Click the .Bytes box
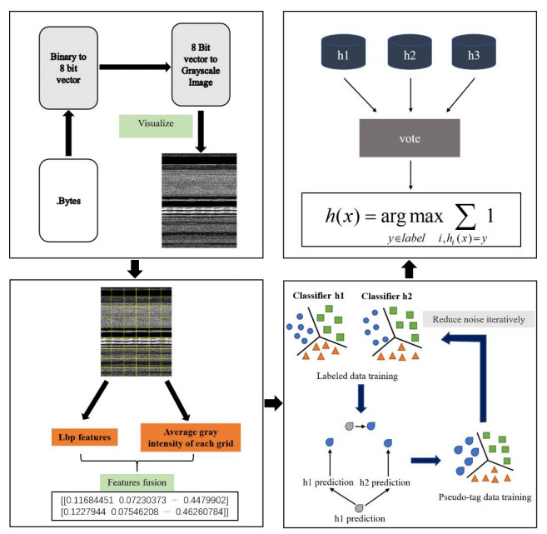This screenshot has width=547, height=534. point(68,202)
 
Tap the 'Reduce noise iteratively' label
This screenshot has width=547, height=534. point(479,320)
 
